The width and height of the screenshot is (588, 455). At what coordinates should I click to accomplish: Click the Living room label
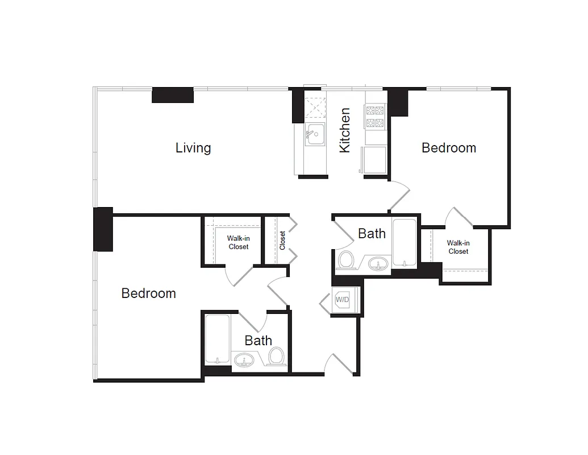tap(193, 148)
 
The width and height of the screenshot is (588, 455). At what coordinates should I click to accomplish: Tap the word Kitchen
tap(345, 130)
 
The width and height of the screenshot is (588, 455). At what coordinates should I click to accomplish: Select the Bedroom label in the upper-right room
tap(448, 148)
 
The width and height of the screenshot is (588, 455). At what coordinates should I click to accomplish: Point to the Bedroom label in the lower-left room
tap(148, 293)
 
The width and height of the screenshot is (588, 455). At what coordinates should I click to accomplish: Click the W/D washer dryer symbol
tap(343, 299)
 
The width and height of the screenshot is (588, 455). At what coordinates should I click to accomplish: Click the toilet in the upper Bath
tap(346, 260)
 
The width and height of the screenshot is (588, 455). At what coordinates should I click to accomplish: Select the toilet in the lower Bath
tap(276, 357)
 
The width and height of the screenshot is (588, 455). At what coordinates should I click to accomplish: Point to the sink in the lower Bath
tap(245, 359)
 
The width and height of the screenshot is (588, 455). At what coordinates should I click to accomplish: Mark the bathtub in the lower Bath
tap(217, 340)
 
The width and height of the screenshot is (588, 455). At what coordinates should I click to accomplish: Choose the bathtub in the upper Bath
tap(404, 242)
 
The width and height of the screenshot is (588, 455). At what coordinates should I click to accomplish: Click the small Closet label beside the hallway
tap(282, 240)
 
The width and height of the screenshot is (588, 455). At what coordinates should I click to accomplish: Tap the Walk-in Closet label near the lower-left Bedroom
tap(238, 243)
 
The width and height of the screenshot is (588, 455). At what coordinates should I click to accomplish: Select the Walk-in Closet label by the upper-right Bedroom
tap(458, 247)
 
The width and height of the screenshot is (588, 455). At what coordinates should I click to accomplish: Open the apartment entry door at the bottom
tap(338, 364)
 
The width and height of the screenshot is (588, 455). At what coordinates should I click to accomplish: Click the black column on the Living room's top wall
tap(173, 95)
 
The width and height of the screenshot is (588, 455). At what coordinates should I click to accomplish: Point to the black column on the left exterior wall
tap(103, 229)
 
